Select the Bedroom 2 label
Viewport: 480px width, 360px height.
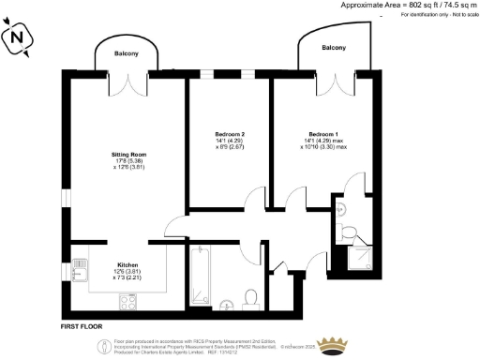point(230,134)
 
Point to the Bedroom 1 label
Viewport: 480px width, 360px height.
point(323,134)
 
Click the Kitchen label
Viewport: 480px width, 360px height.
point(127,264)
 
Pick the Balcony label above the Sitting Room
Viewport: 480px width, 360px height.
point(127,53)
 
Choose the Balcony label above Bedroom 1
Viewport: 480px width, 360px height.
point(334,47)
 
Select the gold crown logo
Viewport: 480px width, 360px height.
point(331,342)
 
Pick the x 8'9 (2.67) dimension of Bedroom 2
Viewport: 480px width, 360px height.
point(230,147)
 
